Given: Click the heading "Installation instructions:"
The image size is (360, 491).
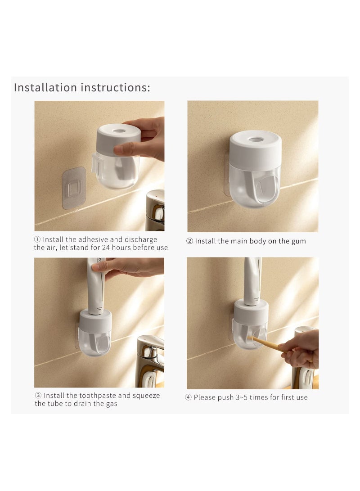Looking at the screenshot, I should pyautogui.click(x=82, y=87).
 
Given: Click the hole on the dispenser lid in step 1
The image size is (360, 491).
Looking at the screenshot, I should pyautogui.click(x=119, y=131).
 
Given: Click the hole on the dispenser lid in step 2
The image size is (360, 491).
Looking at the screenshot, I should pyautogui.click(x=256, y=140).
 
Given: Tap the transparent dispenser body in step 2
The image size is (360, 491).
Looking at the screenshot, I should pyautogui.click(x=255, y=185).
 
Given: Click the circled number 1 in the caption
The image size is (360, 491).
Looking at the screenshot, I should pyautogui.click(x=37, y=239).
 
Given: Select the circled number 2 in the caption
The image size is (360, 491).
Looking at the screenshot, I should pyautogui.click(x=190, y=241).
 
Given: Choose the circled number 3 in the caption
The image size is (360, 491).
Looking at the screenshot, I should pyautogui.click(x=38, y=396).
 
